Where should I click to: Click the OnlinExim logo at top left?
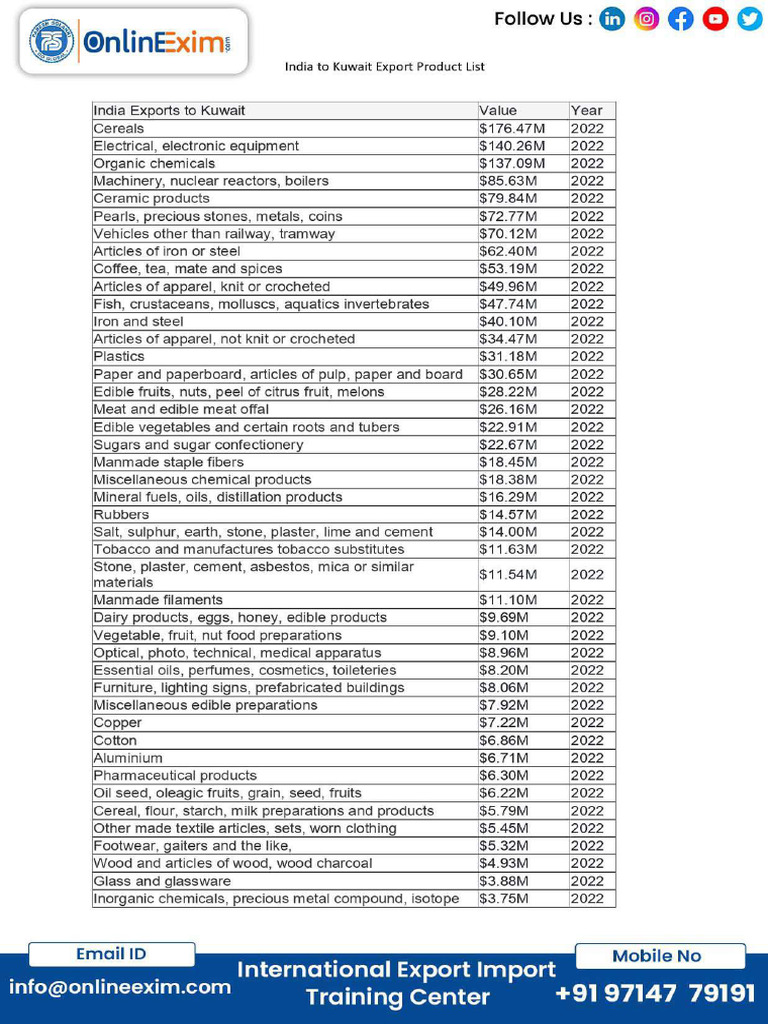(133, 42)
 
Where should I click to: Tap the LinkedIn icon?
(612, 19)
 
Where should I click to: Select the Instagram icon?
(647, 19)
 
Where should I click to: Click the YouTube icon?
(715, 19)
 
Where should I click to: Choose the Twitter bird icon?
(749, 19)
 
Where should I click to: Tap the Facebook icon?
(681, 19)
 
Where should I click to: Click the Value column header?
(498, 110)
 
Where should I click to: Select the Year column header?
(587, 110)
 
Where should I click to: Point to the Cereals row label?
(119, 128)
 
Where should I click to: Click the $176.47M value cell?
(512, 128)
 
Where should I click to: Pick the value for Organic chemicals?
(512, 163)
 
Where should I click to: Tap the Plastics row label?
(119, 356)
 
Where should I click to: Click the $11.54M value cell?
(509, 574)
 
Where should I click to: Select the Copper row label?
(118, 723)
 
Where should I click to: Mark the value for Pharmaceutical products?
(505, 775)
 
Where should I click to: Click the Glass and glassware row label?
(162, 881)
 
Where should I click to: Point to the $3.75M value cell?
(505, 898)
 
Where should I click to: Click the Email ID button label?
(111, 954)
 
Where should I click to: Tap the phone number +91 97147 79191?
(655, 993)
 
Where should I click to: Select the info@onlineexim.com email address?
(120, 987)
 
